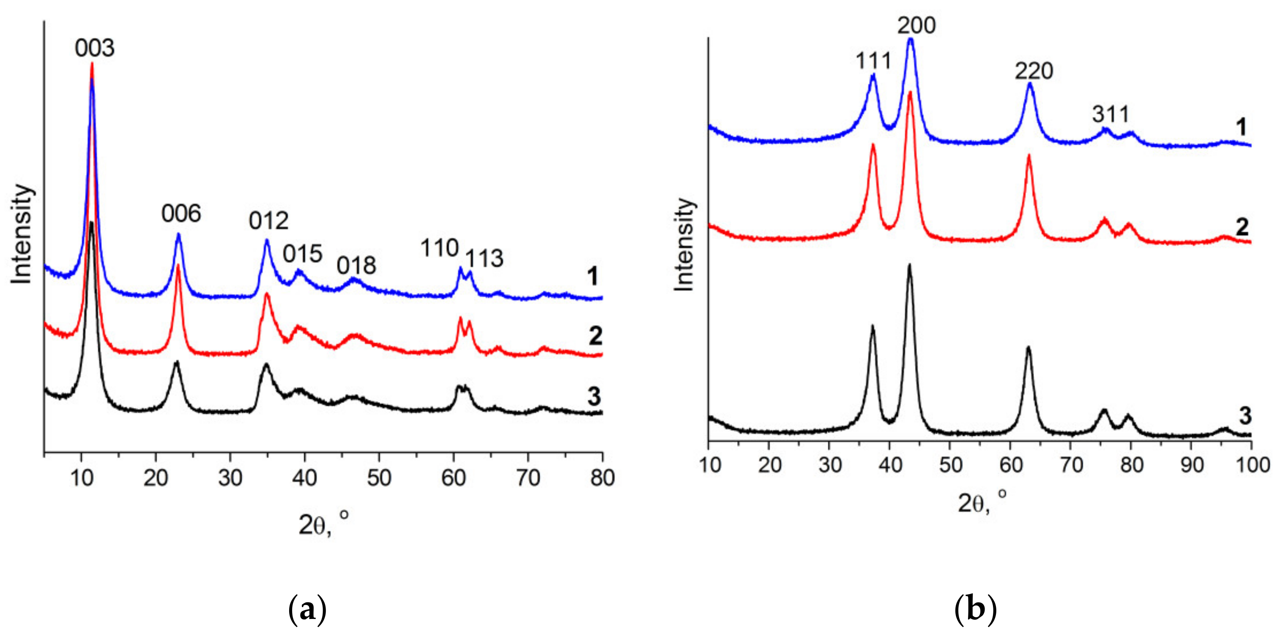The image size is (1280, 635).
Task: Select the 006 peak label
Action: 181,214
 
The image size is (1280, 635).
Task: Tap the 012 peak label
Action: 268,221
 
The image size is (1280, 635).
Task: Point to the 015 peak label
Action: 302,254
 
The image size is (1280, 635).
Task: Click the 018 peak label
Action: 356,266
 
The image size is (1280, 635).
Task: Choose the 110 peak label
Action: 439,248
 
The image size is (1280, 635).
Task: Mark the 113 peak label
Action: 484,259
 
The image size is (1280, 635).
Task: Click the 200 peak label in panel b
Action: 916,25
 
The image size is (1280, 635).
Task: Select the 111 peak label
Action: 873,62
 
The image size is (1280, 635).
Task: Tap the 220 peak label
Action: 1034,71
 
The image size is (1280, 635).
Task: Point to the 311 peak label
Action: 1110,115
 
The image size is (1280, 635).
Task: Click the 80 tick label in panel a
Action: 602,478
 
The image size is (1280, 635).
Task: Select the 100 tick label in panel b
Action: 1251,465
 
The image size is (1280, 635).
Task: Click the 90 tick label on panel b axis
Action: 1191,465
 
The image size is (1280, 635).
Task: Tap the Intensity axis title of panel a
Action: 22,234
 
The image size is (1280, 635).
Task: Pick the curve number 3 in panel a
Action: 594,397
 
